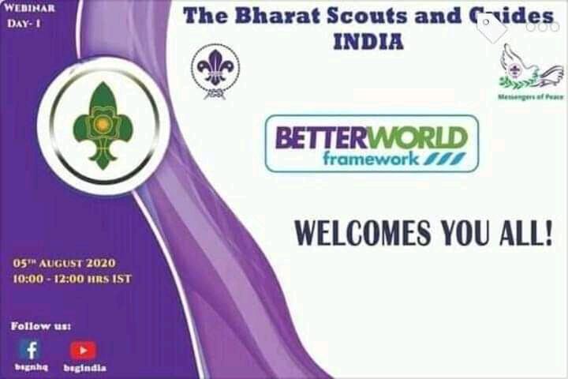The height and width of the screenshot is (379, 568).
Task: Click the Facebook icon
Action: pyautogui.click(x=30, y=350)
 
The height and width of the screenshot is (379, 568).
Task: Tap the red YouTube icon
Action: pyautogui.click(x=83, y=350)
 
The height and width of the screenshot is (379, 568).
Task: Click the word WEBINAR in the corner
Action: pyautogui.click(x=31, y=8)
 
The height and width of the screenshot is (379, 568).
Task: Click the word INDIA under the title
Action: pyautogui.click(x=368, y=41)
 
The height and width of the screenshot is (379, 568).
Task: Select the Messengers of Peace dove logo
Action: pyautogui.click(x=530, y=68)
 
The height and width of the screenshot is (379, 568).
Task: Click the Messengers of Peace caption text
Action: pyautogui.click(x=530, y=96)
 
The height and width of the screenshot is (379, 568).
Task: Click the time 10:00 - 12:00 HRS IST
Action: pyautogui.click(x=72, y=279)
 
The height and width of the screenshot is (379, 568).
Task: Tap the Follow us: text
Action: pyautogui.click(x=41, y=325)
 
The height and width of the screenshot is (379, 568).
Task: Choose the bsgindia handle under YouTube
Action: pyautogui.click(x=84, y=368)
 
